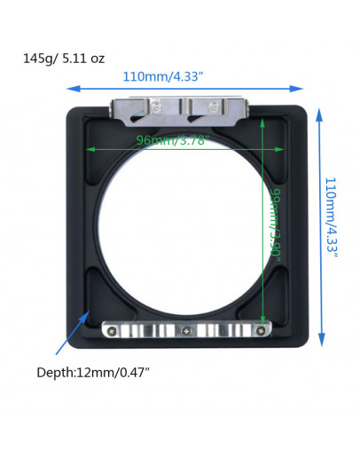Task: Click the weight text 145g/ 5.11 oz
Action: tap(63, 59)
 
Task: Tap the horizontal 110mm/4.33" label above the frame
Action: tap(165, 77)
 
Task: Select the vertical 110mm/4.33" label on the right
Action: tap(331, 216)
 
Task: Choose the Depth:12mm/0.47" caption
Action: tap(94, 372)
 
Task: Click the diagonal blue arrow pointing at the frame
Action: tap(70, 332)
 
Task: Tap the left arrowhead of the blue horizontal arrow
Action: tap(71, 88)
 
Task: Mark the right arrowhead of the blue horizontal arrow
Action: tap(301, 88)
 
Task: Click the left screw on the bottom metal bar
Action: tap(113, 331)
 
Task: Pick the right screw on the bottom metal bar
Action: tap(259, 331)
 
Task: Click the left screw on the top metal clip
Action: tap(157, 108)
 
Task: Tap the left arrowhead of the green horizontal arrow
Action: tap(88, 148)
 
